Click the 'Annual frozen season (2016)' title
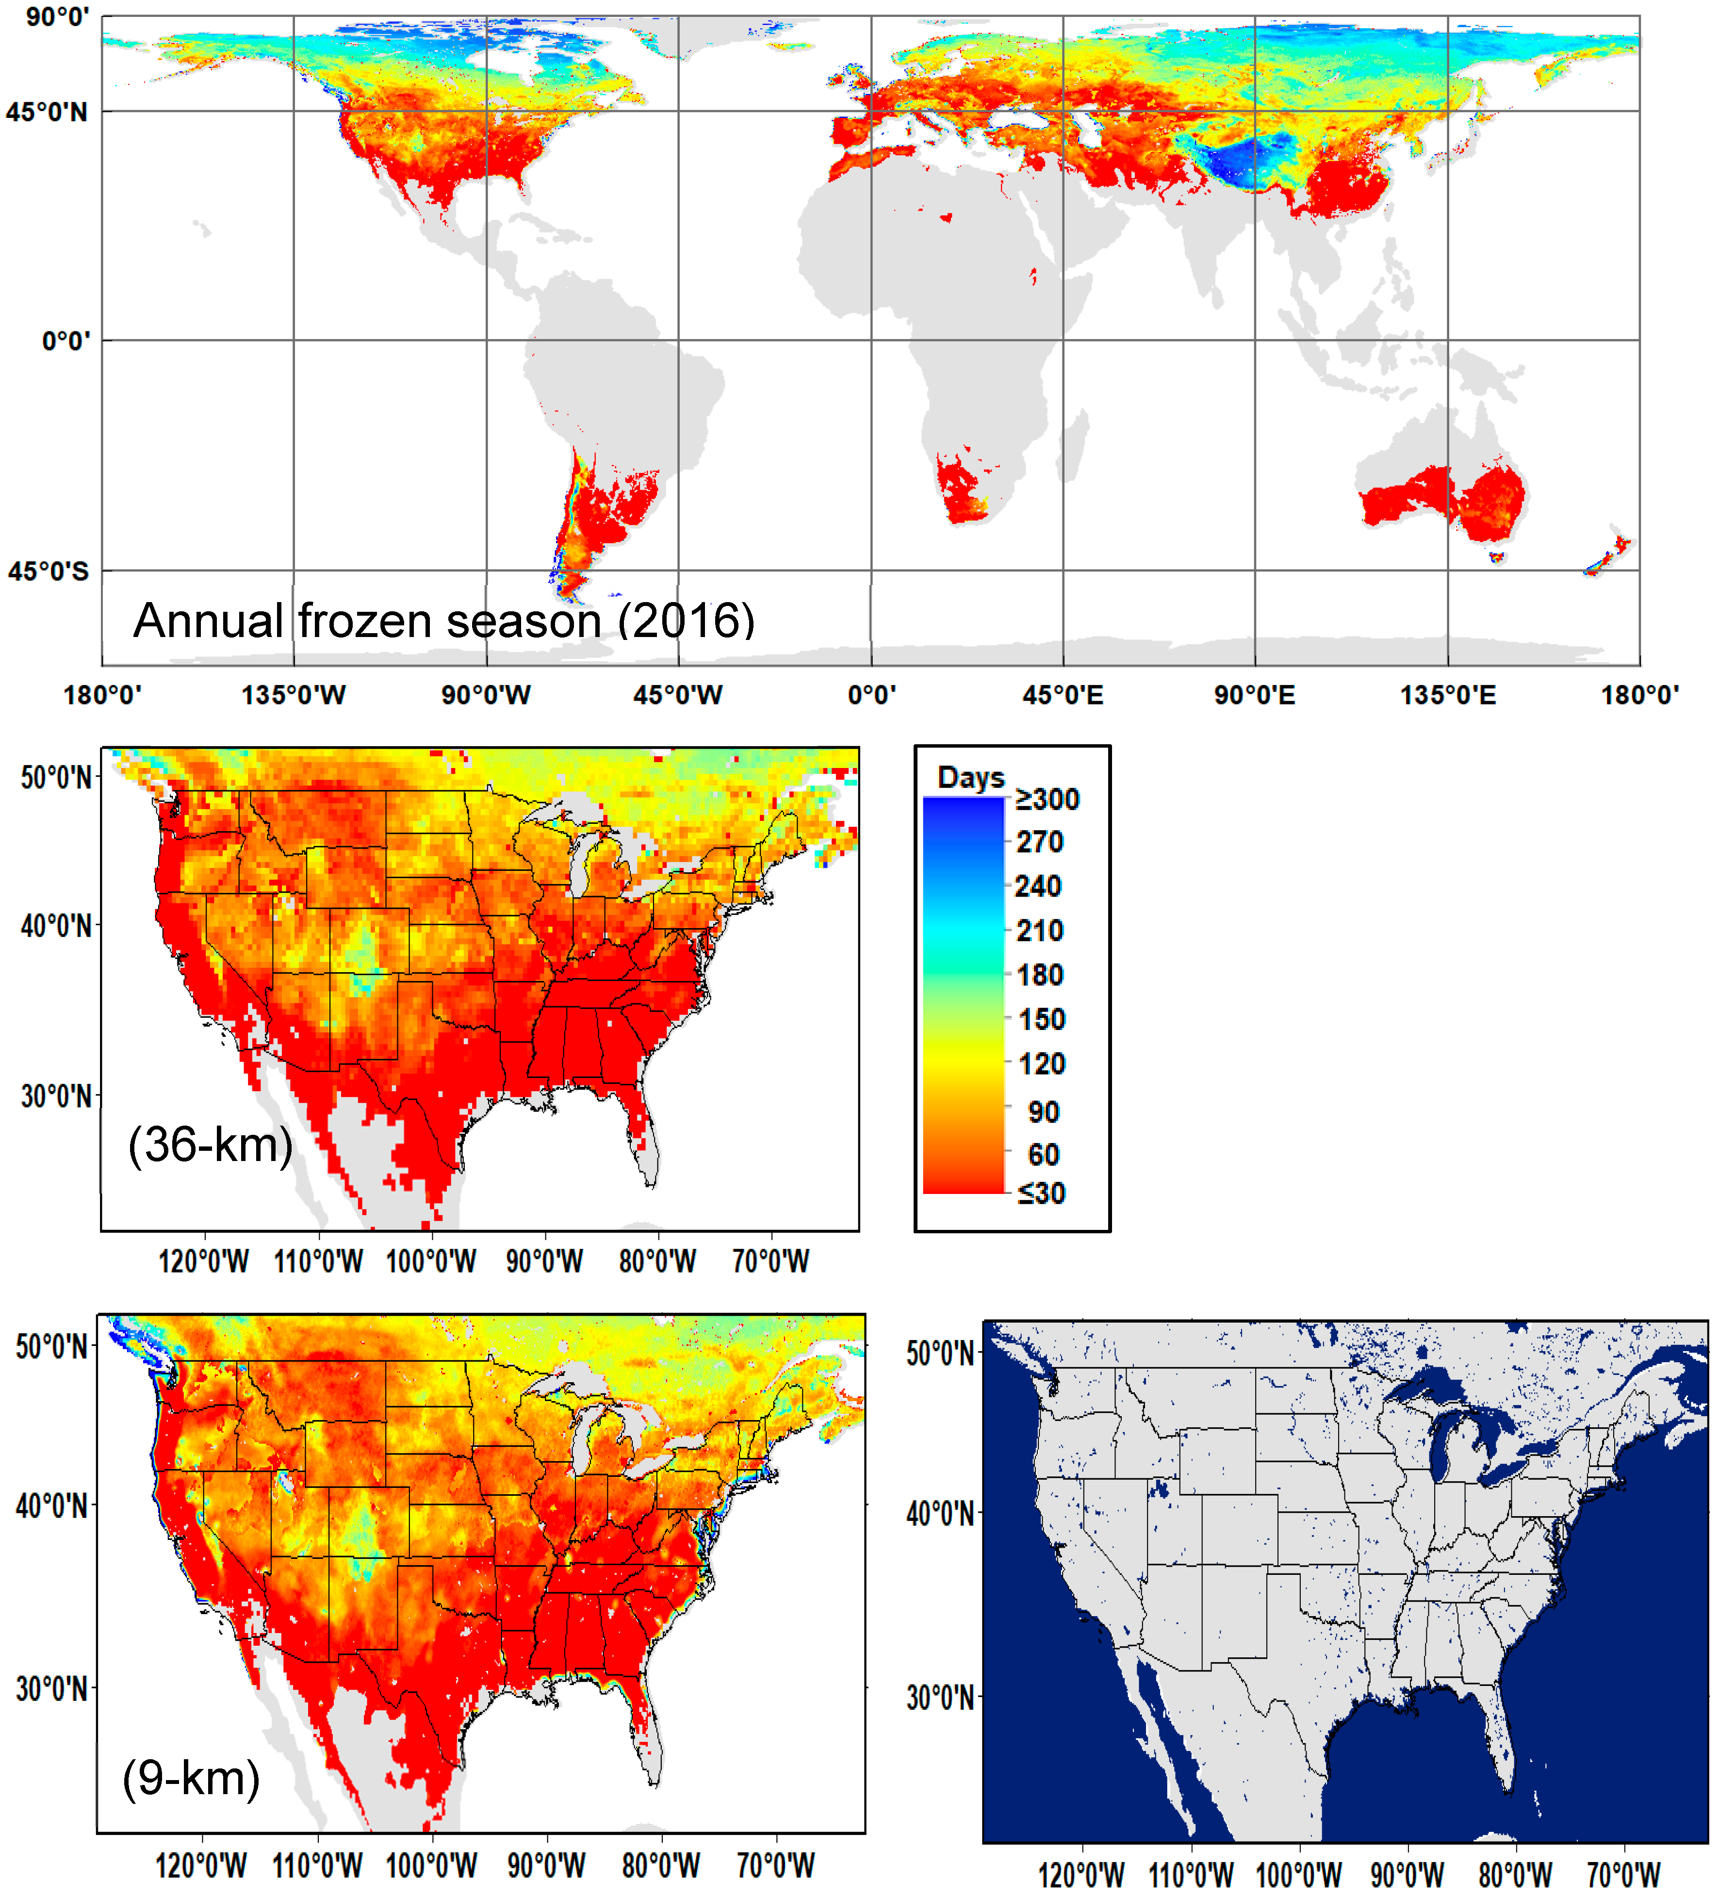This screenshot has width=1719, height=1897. [x=444, y=621]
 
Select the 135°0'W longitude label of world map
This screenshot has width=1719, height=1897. [x=294, y=695]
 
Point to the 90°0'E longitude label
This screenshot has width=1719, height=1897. [x=1254, y=695]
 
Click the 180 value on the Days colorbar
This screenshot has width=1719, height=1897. [x=1040, y=975]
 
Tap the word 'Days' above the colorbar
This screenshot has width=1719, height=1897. [x=971, y=778]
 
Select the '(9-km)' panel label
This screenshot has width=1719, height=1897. [x=191, y=1778]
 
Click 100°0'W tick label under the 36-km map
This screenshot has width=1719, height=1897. [x=431, y=1261]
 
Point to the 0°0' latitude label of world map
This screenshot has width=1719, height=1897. [x=66, y=341]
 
